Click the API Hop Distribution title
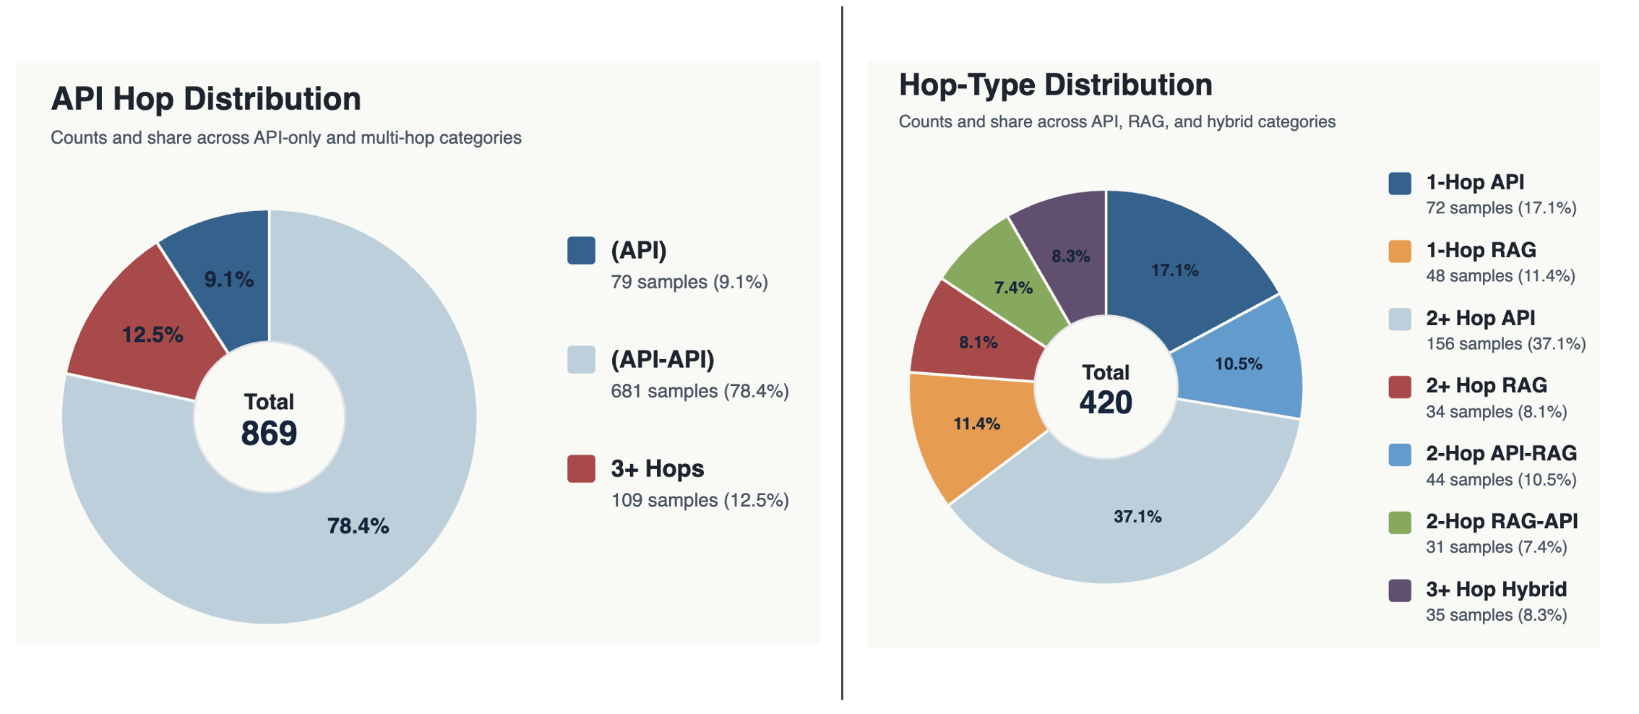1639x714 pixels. pyautogui.click(x=206, y=99)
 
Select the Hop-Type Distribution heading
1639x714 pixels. pyautogui.click(x=1055, y=85)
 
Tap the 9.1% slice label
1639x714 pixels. pyautogui.click(x=228, y=280)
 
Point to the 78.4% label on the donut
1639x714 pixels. pyautogui.click(x=358, y=526)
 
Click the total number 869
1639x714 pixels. pyautogui.click(x=269, y=434)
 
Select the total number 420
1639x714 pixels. pyautogui.click(x=1106, y=403)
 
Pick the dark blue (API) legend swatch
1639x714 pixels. pyautogui.click(x=581, y=251)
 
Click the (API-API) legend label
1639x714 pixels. pyautogui.click(x=663, y=359)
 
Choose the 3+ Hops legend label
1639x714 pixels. pyautogui.click(x=658, y=468)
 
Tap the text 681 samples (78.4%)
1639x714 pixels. pyautogui.click(x=700, y=391)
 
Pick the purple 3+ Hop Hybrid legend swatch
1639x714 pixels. pyautogui.click(x=1400, y=590)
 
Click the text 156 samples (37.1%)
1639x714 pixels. pyautogui.click(x=1506, y=344)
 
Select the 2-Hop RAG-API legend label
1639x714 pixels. pyautogui.click(x=1502, y=521)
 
